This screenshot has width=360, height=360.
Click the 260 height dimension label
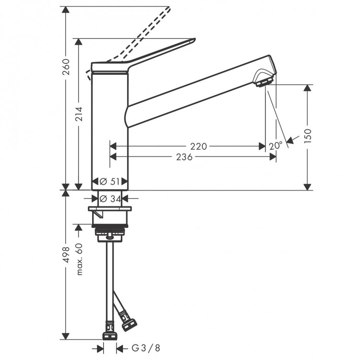coord(66,67)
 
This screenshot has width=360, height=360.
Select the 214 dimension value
coord(79,114)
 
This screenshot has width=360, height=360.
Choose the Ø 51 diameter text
coord(110,181)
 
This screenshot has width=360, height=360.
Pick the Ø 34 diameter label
coord(110,198)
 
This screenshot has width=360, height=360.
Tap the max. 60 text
coord(79,259)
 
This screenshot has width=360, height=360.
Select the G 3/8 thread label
coord(139,348)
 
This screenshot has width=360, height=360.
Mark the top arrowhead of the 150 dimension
coord(308,88)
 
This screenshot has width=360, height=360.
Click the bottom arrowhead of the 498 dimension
coord(66,337)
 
